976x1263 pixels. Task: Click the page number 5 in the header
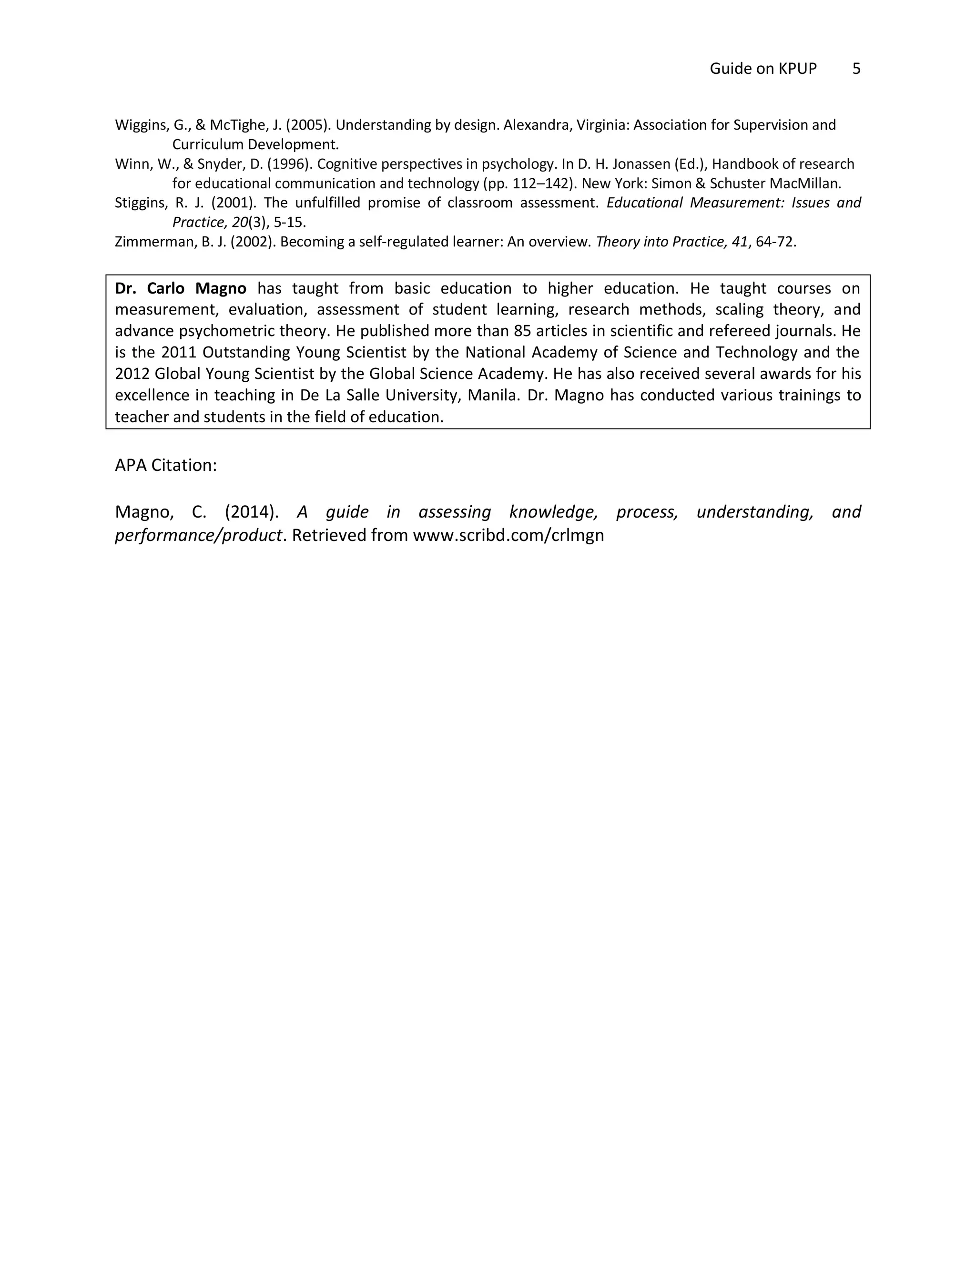(856, 69)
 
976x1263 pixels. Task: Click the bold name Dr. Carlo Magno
(181, 288)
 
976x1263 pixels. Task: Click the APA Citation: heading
(166, 466)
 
